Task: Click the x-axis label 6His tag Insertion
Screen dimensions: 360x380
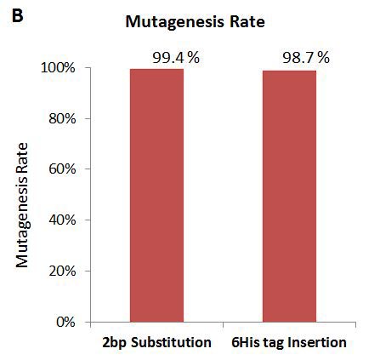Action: click(289, 343)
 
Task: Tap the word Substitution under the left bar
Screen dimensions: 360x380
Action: click(171, 343)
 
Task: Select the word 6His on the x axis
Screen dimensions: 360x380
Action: click(247, 343)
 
